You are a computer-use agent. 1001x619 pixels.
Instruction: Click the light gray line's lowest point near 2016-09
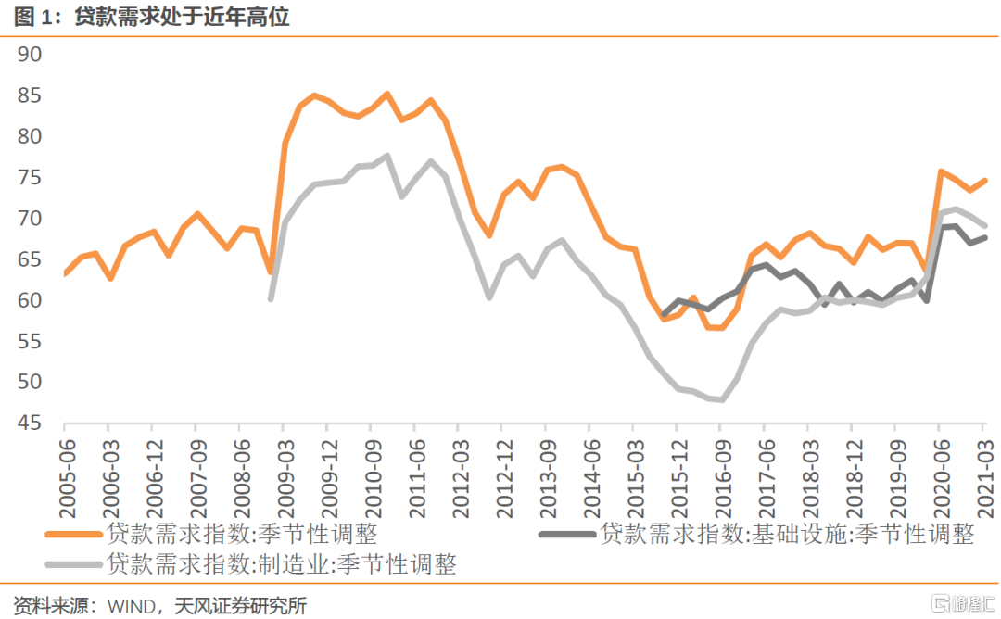point(721,400)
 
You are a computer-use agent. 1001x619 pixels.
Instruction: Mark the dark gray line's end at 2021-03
point(984,237)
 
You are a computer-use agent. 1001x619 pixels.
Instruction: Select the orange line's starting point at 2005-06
point(65,273)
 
